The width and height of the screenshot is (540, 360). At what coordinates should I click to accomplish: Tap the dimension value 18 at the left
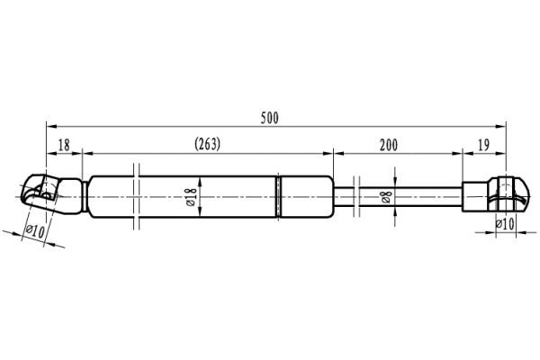click(x=64, y=144)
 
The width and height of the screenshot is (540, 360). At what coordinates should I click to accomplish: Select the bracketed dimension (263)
click(x=207, y=144)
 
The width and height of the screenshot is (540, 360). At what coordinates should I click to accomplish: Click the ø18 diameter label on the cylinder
click(x=190, y=196)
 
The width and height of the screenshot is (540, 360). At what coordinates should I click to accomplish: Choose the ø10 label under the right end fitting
click(x=506, y=222)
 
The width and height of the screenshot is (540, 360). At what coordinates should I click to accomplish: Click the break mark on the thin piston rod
click(x=357, y=195)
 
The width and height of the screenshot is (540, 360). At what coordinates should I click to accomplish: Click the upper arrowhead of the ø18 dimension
click(x=201, y=179)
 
